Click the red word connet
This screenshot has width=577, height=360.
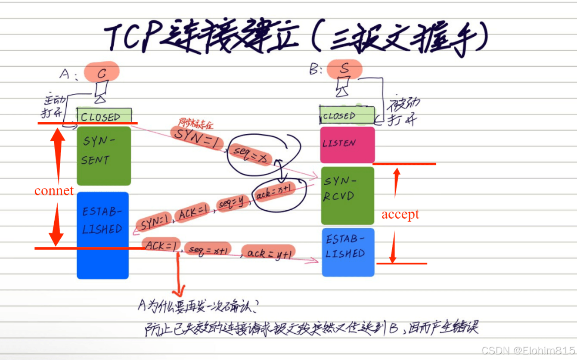tap(54, 191)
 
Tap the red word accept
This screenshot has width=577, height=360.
tap(400, 214)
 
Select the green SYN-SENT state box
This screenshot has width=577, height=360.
tap(103, 155)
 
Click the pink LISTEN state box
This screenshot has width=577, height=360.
tap(347, 144)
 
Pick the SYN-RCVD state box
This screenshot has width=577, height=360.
tap(347, 196)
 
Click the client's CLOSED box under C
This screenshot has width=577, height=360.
tap(104, 116)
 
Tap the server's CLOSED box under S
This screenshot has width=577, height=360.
tap(347, 115)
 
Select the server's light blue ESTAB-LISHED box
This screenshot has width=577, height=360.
tap(348, 252)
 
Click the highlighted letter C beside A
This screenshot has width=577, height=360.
tap(102, 72)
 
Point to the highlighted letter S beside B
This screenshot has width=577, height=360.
tap(344, 69)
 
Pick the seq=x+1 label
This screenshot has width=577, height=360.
tap(208, 249)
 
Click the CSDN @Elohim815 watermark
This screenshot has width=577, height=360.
tap(528, 350)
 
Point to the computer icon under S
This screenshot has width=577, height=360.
tap(343, 87)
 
